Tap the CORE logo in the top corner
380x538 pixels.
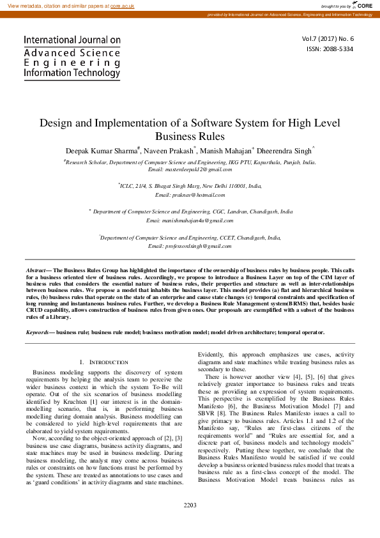[x=364, y=5]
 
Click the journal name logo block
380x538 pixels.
[x=72, y=56]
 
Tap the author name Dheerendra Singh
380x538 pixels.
[x=285, y=151]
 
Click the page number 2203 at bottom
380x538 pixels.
[x=190, y=523]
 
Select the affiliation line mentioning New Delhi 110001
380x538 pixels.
[x=190, y=185]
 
